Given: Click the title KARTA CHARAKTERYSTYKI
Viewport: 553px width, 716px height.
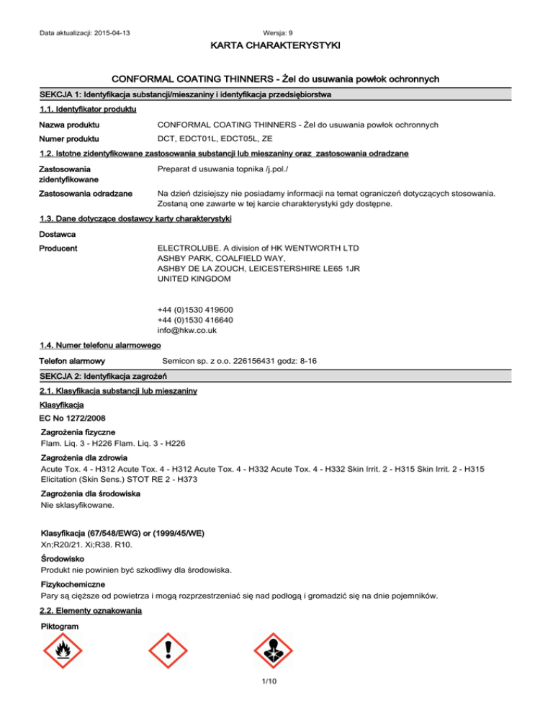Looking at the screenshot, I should [x=276, y=46].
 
